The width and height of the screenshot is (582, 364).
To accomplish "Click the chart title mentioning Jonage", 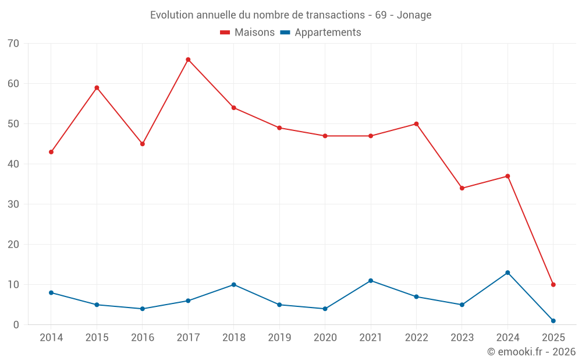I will pos(290,15).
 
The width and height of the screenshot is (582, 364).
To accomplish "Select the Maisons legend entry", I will pos(247,33).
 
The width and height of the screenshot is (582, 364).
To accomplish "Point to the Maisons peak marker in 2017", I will pos(188,59).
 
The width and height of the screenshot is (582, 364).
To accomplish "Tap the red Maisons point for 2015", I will pos(97,88).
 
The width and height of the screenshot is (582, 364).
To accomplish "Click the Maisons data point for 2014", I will pos(51,152).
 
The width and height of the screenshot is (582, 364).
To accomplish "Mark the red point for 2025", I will pos(553,285).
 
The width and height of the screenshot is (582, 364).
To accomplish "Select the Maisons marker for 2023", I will pos(462,188).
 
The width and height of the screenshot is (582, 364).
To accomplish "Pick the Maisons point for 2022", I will pos(416,124).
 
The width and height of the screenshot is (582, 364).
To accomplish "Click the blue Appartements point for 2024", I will pos(508,273).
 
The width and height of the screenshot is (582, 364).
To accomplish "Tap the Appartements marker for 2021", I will pos(371,281).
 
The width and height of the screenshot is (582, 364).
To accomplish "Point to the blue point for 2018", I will pos(233,285).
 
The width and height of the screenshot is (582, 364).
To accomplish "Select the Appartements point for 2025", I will pos(553,321).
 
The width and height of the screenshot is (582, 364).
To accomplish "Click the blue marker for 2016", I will pos(143,309).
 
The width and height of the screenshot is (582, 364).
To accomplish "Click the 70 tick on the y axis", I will pos(13,44).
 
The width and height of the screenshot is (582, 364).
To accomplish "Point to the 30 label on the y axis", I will pos(13,204).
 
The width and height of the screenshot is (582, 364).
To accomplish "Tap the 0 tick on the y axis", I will pos(16,325).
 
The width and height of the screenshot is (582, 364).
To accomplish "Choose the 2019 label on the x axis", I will pos(279,338).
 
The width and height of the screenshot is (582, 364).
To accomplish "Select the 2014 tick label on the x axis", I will pos(51,338).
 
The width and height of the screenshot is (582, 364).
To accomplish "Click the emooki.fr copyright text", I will pos(531,352).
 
